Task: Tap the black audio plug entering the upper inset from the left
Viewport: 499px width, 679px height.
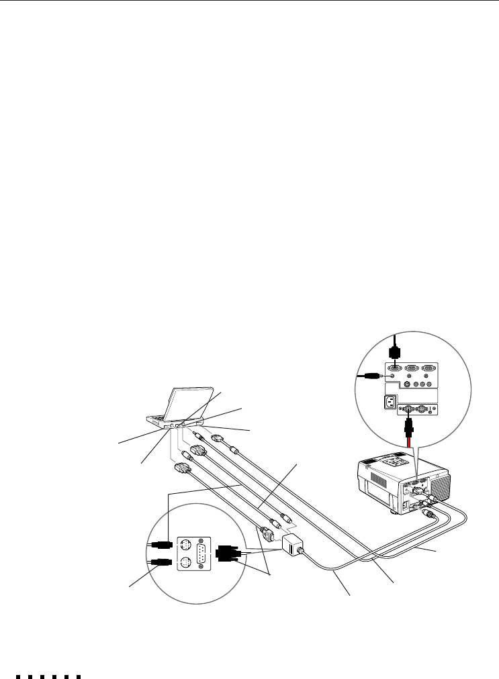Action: click(371, 376)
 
